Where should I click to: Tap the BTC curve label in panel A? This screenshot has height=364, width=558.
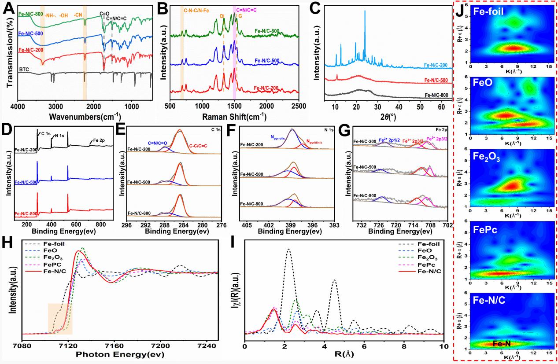pos(24,70)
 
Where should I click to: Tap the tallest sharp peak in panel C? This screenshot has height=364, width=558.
pos(365,12)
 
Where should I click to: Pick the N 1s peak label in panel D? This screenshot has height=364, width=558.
pos(59,136)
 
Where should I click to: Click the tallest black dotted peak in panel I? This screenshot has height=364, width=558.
pos(288,250)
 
